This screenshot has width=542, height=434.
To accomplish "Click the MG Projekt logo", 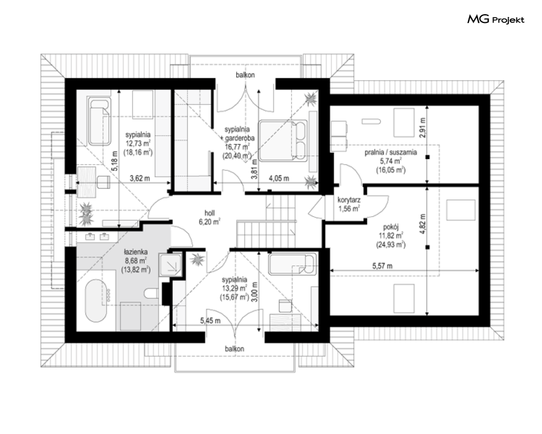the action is [496, 20].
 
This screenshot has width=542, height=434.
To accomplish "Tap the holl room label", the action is [210, 213].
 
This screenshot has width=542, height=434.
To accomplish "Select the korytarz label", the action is [349, 200].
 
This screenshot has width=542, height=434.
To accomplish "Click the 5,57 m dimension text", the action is [382, 266].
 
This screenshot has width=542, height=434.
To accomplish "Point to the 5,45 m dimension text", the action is [210, 321].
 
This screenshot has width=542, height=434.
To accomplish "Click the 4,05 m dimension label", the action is [279, 179].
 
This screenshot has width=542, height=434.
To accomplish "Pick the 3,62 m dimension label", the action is [139, 179].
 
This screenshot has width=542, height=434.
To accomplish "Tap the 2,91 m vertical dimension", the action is [422, 128].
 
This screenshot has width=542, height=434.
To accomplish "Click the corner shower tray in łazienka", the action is [170, 264].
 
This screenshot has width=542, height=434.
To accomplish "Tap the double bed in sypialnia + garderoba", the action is [283, 141].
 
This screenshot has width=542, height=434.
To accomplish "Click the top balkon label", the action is [246, 75].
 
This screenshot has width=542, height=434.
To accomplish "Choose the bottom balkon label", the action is [235, 349].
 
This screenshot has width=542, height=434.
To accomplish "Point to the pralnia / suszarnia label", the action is [391, 152].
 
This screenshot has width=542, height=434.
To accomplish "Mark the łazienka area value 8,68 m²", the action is [136, 261].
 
